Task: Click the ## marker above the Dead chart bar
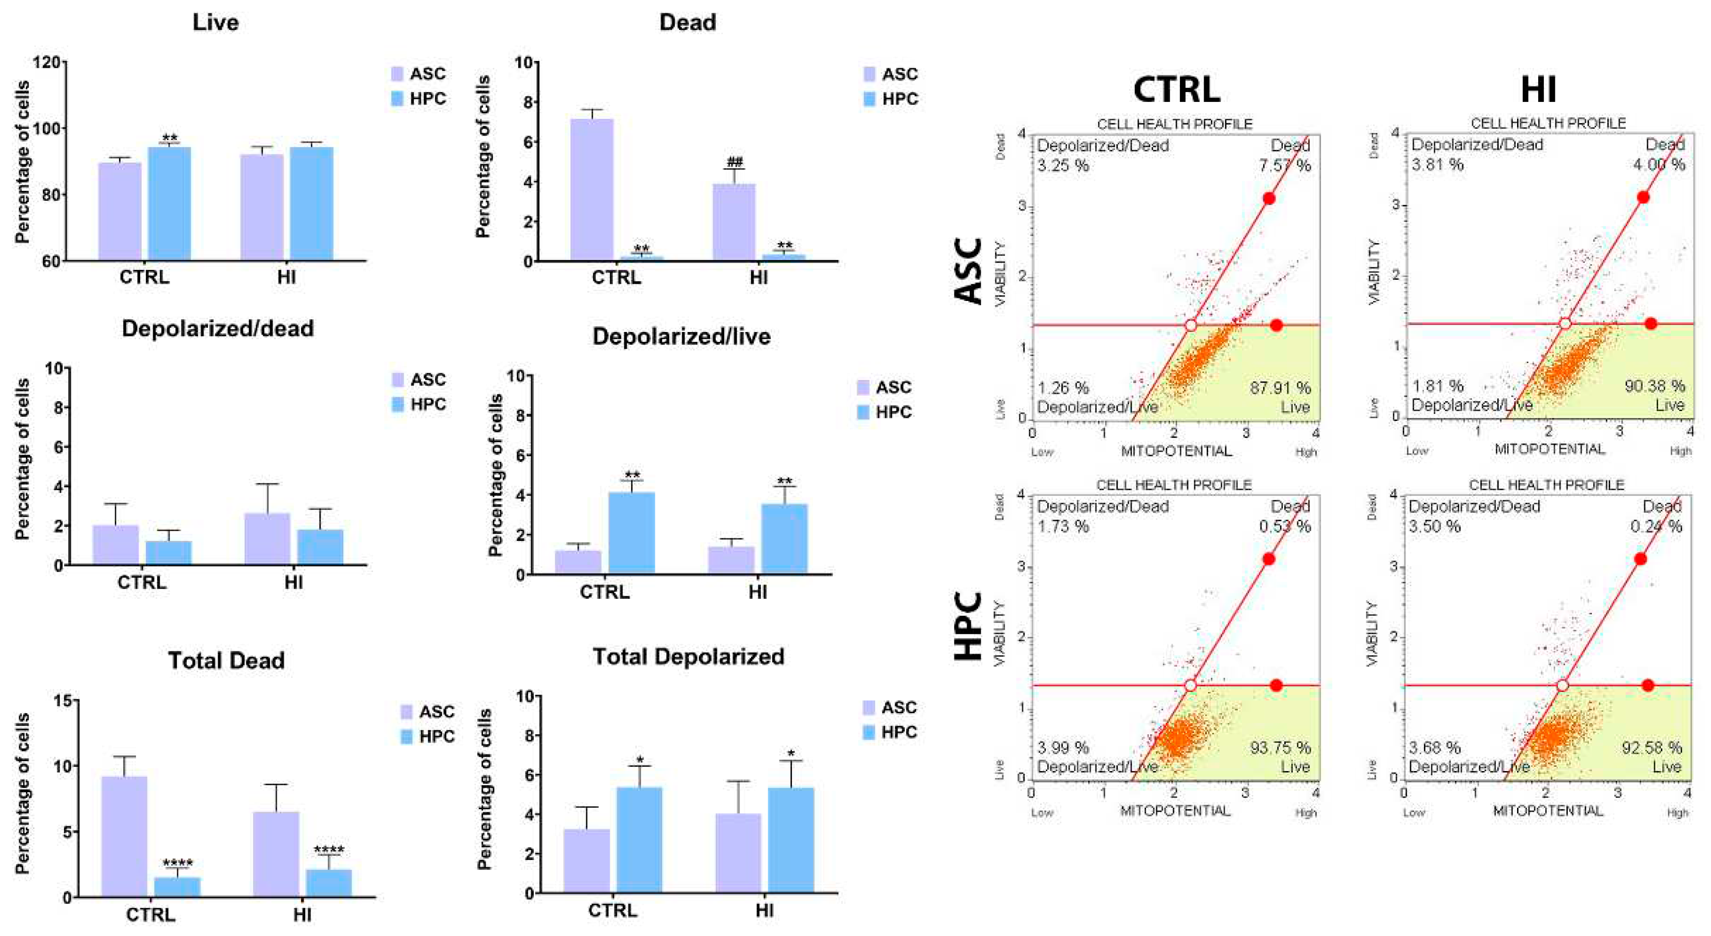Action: pos(734,161)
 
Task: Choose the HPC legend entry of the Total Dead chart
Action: pos(429,736)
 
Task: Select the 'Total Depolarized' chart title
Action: pos(688,656)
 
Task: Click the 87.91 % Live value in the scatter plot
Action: pos(1280,387)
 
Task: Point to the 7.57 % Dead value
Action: pos(1285,165)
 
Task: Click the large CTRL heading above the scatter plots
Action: pos(1176,89)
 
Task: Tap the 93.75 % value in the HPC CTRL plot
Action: pos(1280,747)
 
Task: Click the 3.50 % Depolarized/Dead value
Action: pos(1434,526)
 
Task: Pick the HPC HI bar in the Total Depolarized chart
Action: pos(790,840)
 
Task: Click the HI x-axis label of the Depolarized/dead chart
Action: pos(294,583)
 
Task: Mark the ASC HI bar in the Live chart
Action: pos(262,207)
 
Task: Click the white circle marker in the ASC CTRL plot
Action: pos(1190,325)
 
